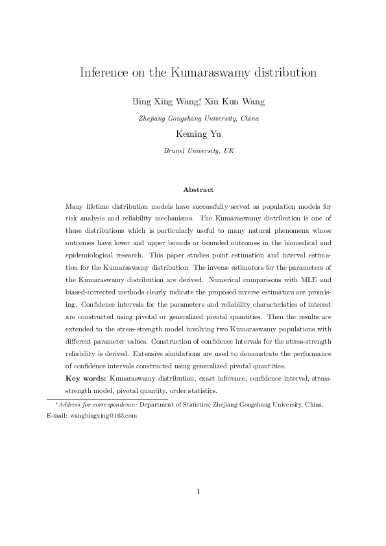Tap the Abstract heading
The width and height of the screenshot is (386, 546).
click(x=198, y=189)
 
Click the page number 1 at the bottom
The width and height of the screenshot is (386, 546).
click(x=198, y=492)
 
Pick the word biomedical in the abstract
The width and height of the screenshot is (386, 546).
click(x=295, y=243)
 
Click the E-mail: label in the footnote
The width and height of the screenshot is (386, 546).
click(x=57, y=416)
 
